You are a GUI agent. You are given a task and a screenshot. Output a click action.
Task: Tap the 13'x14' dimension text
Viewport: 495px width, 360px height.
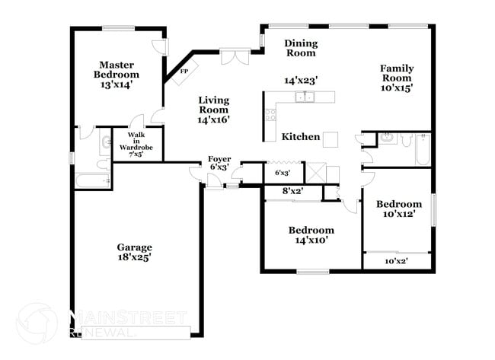117,86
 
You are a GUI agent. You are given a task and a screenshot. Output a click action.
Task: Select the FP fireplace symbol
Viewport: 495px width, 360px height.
184,72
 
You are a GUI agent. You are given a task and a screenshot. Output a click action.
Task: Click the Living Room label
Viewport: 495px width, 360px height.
214,105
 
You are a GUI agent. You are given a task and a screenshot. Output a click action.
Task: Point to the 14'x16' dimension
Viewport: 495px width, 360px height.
214,119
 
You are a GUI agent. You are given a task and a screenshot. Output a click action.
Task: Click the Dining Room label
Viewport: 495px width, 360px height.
300,48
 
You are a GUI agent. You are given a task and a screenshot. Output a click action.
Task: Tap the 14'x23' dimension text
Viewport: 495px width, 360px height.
300,79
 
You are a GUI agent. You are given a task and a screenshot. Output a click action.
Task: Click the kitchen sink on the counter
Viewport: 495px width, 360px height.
307,97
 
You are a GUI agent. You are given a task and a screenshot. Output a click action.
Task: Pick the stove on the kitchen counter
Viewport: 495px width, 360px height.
270,115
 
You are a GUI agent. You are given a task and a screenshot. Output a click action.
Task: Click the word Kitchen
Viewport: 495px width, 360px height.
300,137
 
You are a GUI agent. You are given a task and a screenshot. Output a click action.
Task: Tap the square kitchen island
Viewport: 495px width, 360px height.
331,139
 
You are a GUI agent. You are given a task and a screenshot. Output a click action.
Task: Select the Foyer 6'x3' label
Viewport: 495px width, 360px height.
219,163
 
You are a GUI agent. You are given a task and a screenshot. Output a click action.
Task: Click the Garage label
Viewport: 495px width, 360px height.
134,247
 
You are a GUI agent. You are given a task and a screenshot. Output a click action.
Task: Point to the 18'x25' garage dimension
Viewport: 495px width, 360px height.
134,258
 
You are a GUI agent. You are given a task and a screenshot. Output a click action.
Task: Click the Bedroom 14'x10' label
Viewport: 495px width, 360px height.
311,235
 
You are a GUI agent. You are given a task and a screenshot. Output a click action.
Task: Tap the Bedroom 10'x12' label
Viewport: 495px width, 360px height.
398,209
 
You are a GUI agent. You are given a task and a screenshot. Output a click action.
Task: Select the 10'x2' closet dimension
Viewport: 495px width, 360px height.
396,261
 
